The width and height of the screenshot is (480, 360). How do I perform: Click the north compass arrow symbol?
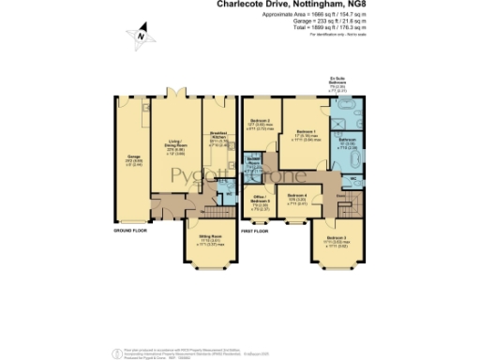(141, 37)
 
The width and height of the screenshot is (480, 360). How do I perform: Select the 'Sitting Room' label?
(210, 238)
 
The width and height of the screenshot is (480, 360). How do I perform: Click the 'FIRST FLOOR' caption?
(255, 230)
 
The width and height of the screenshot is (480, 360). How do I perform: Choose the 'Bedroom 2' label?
(262, 122)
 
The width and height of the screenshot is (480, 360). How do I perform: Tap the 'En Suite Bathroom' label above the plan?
(350, 82)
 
